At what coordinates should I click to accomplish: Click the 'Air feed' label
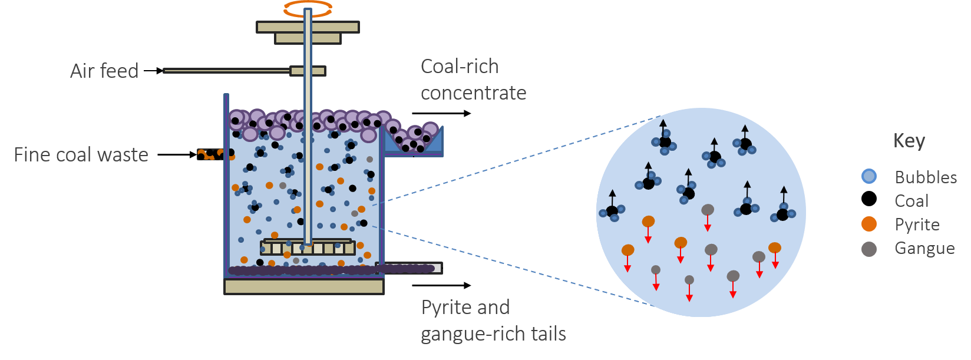coord(104,71)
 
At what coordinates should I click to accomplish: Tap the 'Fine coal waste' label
coord(81,155)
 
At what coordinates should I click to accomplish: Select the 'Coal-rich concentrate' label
coord(473,80)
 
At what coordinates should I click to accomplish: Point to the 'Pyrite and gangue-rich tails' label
coord(493,321)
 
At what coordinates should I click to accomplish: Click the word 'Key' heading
coord(909,141)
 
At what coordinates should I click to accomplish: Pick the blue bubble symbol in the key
coord(868,176)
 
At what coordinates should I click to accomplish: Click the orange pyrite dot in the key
coord(868,224)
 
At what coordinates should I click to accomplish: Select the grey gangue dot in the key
coord(868,249)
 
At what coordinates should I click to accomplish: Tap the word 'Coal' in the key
coord(911,201)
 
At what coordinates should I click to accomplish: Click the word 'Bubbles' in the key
coord(926,177)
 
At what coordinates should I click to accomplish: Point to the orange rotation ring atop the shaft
coord(308,8)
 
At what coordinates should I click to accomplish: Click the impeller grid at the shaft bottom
coord(308,247)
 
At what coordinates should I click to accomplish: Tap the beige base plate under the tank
coord(304,286)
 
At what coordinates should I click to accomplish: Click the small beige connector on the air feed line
coord(308,71)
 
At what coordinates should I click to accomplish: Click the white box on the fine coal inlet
coord(183,156)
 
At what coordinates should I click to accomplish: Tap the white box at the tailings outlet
coord(457,270)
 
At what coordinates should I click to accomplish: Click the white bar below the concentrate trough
coord(417,163)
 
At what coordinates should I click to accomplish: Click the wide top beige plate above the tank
coord(308,27)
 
